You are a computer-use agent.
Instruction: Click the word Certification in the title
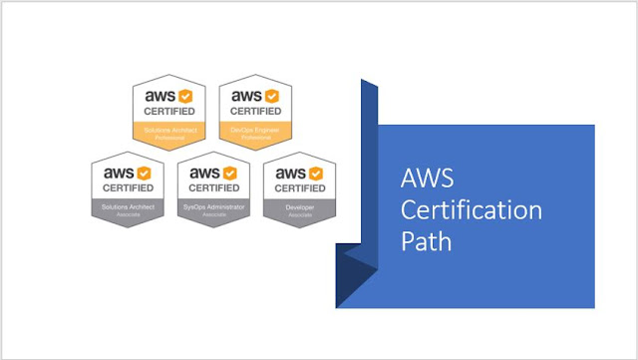click(x=471, y=211)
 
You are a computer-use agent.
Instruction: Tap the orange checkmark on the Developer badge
click(x=313, y=174)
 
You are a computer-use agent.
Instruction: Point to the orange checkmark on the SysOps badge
click(x=227, y=174)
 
